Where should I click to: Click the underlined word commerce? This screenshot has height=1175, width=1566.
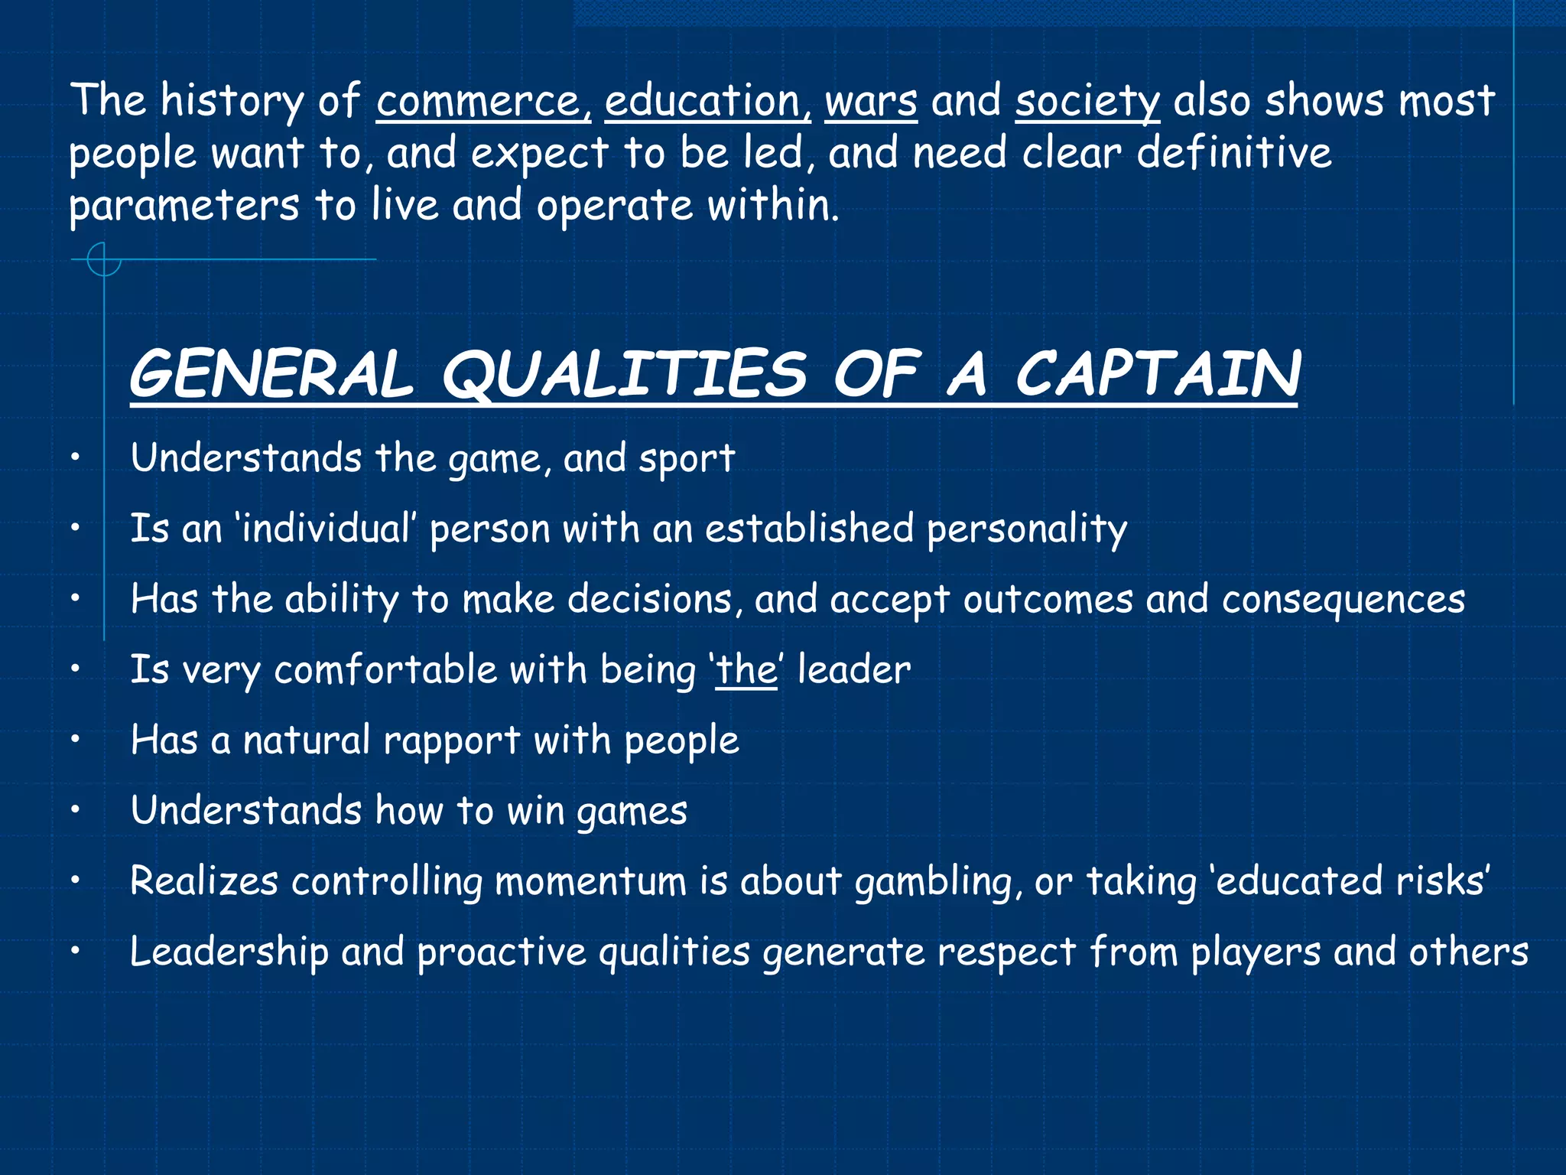(x=482, y=101)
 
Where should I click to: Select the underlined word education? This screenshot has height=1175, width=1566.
(x=707, y=101)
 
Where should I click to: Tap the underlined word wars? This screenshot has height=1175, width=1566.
(x=870, y=101)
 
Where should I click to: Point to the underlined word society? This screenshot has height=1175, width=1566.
(x=1087, y=103)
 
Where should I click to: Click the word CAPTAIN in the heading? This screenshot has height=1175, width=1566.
(x=1157, y=374)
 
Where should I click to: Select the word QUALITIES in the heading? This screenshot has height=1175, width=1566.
(x=624, y=376)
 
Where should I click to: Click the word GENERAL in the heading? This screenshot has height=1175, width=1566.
(x=271, y=374)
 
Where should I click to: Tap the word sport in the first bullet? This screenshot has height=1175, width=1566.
(x=687, y=459)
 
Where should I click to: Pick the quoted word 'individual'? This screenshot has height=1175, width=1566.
(x=326, y=529)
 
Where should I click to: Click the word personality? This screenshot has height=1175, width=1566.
(x=1026, y=529)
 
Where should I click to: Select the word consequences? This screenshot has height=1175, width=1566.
(x=1343, y=599)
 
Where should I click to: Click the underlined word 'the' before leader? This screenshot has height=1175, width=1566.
(x=746, y=670)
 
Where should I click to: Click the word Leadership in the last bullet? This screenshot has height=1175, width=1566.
(x=229, y=952)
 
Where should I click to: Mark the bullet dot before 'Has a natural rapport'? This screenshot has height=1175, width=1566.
(x=75, y=740)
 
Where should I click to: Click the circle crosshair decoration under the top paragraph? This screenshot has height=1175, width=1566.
(x=104, y=259)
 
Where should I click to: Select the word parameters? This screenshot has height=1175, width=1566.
(x=184, y=207)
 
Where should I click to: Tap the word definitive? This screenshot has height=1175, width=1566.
(x=1233, y=153)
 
